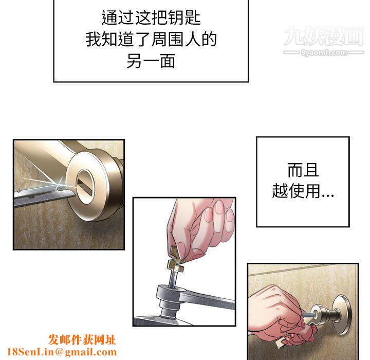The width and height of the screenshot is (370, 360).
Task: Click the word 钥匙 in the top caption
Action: tap(184, 17)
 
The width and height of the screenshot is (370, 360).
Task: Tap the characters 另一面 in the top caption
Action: tap(151, 61)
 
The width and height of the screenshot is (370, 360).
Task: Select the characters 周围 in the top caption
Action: tap(168, 39)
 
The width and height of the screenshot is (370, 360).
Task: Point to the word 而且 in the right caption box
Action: tap(303, 170)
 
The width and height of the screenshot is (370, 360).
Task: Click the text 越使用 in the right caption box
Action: tap(296, 191)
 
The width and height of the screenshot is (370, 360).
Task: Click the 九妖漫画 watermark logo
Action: tap(324, 36)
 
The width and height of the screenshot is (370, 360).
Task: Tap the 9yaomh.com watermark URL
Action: tap(324, 52)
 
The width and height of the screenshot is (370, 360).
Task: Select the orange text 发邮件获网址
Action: tap(82, 340)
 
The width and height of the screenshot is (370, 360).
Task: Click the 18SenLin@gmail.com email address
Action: tap(62, 352)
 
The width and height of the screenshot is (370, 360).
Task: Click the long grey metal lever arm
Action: tap(208, 299)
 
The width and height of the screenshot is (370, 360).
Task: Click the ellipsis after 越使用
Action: tap(327, 195)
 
